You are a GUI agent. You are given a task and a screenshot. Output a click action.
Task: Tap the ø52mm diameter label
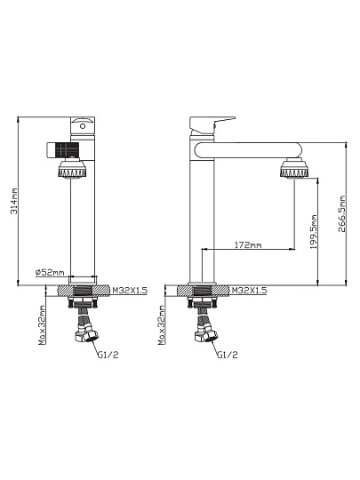[x=50, y=272]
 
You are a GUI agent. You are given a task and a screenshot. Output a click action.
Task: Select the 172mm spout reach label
[x=248, y=245]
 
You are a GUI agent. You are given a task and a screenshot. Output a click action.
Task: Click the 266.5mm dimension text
[x=341, y=214]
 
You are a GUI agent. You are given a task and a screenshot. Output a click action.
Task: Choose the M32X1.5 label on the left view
[x=130, y=290]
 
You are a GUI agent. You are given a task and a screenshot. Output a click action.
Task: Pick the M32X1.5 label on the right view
[x=249, y=290]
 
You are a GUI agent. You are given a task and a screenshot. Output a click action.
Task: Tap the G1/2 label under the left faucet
[x=108, y=355]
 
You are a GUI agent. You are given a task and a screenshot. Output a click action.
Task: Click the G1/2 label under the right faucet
[x=228, y=355]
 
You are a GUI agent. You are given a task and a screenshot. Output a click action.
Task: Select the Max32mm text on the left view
[x=43, y=325]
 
